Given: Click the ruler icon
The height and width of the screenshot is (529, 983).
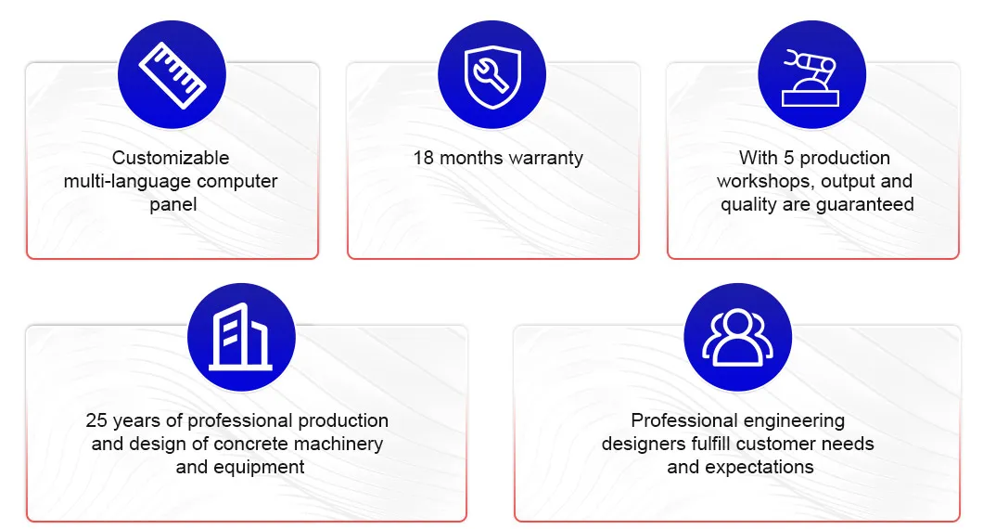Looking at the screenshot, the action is pyautogui.click(x=172, y=75).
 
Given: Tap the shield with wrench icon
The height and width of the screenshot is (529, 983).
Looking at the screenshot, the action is pyautogui.click(x=492, y=76).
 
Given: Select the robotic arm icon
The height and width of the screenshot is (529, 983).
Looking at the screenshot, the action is pyautogui.click(x=811, y=78).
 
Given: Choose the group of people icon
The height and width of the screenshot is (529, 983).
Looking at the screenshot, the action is pyautogui.click(x=738, y=337).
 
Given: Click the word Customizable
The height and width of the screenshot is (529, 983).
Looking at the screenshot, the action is pyautogui.click(x=171, y=158).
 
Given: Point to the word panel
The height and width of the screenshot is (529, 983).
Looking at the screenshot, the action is pyautogui.click(x=173, y=204).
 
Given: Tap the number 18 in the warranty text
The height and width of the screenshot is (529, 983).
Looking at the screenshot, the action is pyautogui.click(x=423, y=158).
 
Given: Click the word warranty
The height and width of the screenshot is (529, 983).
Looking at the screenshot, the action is pyautogui.click(x=545, y=158).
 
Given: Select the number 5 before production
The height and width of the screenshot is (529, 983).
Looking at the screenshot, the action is pyautogui.click(x=788, y=158).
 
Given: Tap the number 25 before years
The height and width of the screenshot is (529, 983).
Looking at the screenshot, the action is pyautogui.click(x=96, y=420).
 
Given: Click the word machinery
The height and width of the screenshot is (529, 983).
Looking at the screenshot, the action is pyautogui.click(x=338, y=445).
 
